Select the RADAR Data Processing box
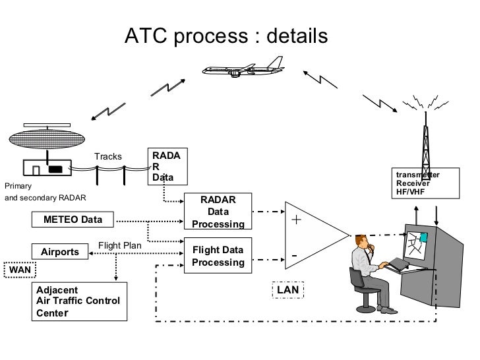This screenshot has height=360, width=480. [218, 212]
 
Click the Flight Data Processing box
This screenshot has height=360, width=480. [218, 256]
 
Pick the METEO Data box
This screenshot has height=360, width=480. [73, 219]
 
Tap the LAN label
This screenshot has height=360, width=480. [287, 289]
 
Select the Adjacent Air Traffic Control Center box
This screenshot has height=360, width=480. [79, 301]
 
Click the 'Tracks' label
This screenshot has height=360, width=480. [107, 157]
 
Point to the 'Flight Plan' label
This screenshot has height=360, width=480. [120, 246]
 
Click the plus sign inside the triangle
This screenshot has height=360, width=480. [296, 220]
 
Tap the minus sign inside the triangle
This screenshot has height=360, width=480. [295, 255]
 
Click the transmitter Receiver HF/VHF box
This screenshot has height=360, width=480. [423, 182]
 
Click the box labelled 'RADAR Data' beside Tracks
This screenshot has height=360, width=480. [169, 165]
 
